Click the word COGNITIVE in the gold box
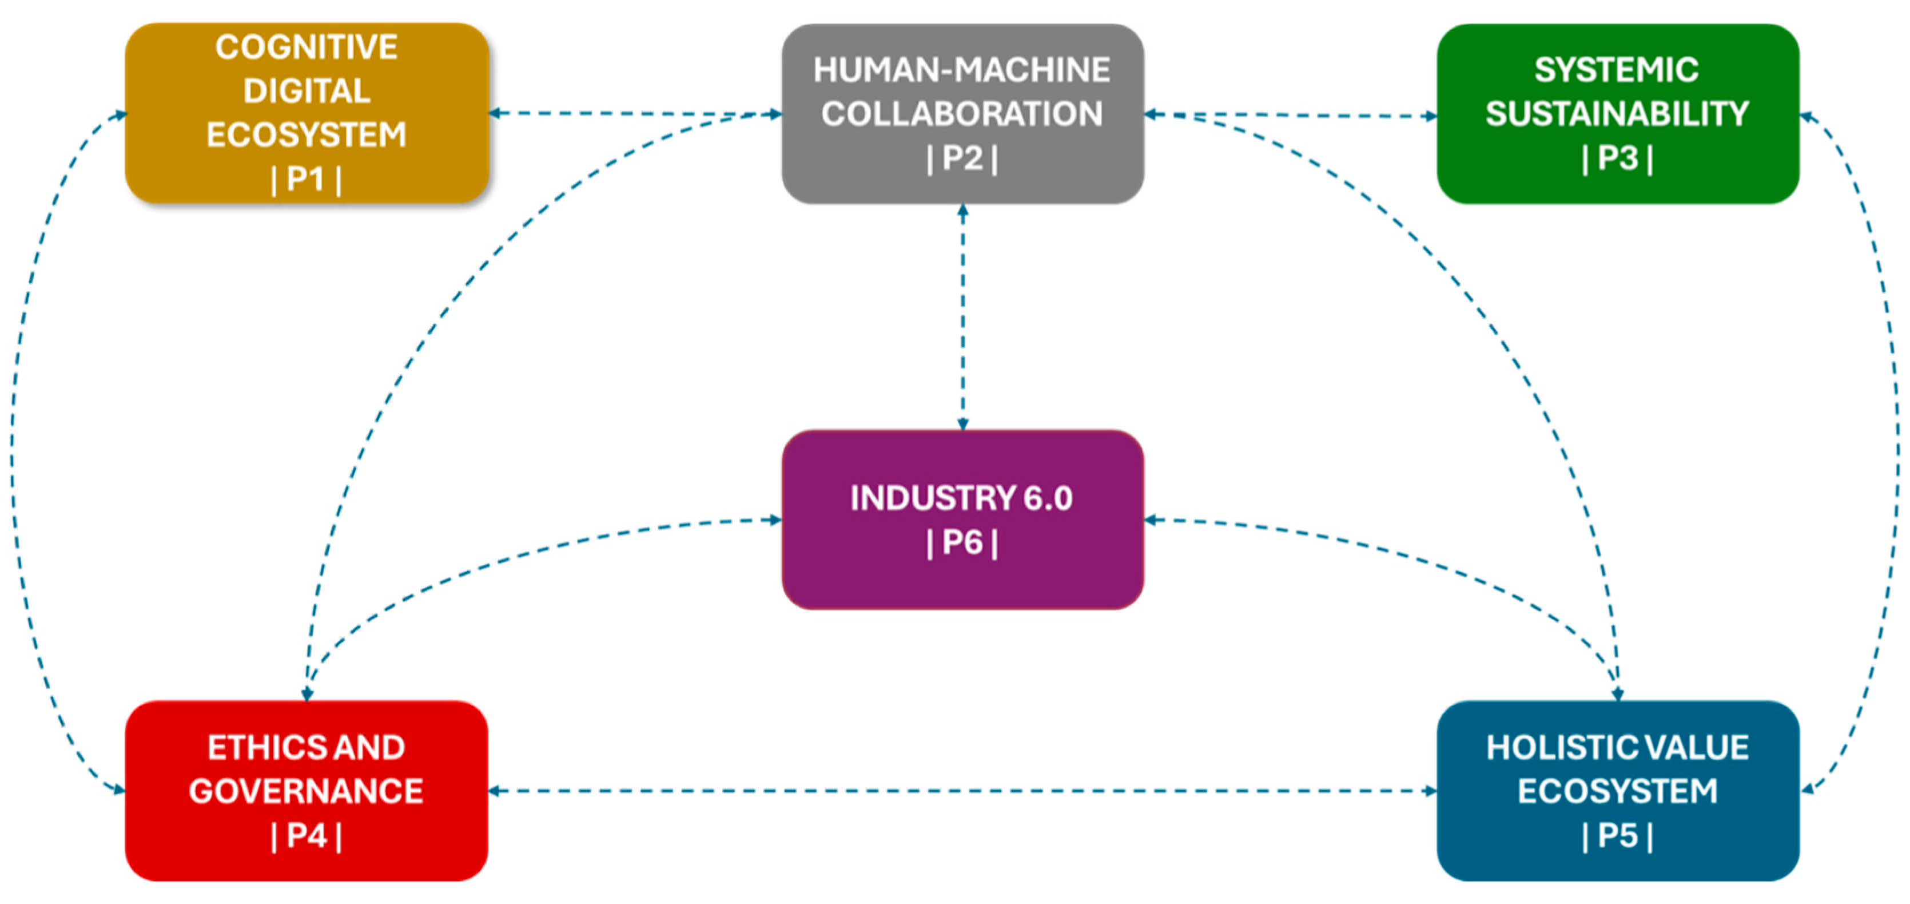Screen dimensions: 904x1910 (306, 47)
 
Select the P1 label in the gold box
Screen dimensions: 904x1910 (306, 179)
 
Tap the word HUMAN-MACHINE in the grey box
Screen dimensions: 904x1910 (962, 70)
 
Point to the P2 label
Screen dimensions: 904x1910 (962, 158)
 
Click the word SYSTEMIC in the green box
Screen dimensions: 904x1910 (1617, 70)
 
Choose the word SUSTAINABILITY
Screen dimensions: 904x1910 (1617, 114)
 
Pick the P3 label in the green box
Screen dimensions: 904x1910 (1617, 158)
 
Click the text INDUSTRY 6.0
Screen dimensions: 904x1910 (962, 498)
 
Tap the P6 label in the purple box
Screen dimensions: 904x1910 (962, 542)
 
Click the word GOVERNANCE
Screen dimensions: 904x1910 (306, 791)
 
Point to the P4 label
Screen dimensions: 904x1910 (306, 836)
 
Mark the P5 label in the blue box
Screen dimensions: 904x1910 (1617, 836)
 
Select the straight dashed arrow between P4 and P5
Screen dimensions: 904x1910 (962, 791)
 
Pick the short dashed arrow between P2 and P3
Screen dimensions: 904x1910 (1290, 116)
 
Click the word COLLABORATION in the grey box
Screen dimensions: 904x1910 (962, 114)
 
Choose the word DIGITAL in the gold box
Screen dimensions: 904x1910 (306, 91)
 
